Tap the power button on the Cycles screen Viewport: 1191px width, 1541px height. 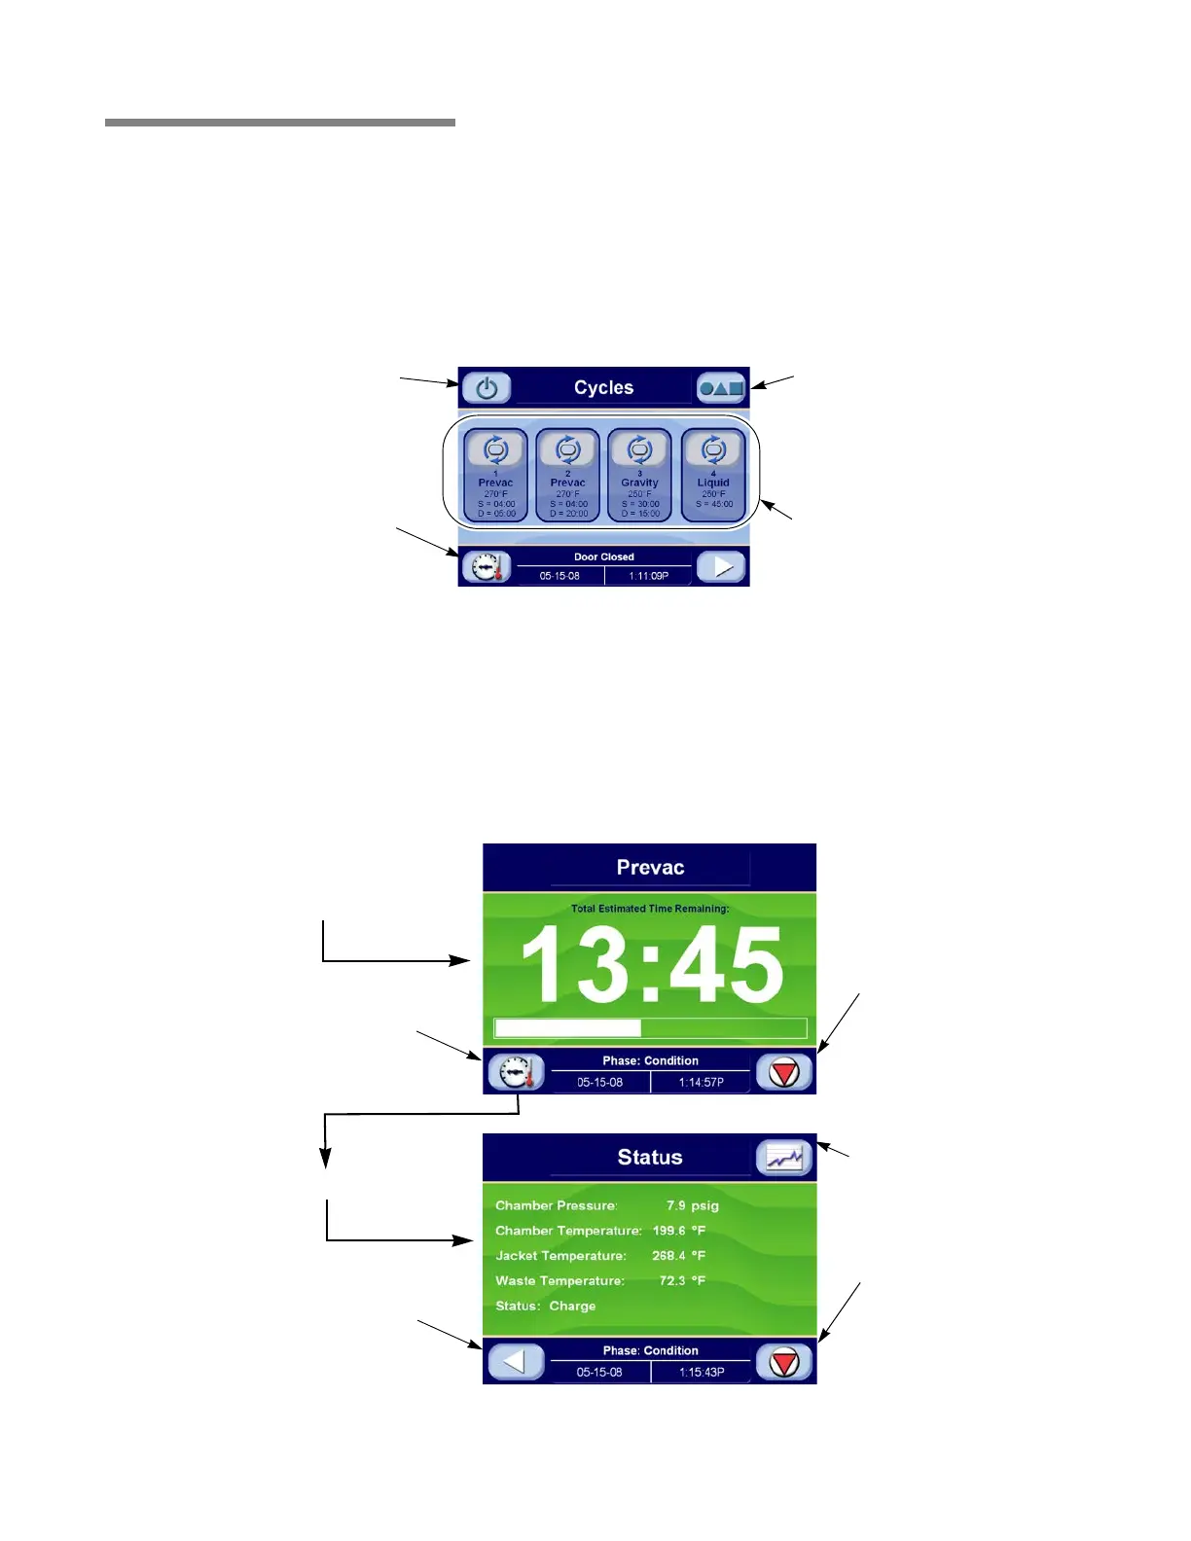pyautogui.click(x=487, y=388)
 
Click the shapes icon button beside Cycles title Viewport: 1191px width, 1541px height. pyautogui.click(x=721, y=388)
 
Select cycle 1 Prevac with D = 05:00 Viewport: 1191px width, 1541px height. pyautogui.click(x=495, y=475)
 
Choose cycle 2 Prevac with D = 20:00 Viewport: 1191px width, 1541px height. pyautogui.click(x=568, y=475)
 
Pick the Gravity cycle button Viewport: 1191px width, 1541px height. pyautogui.click(x=639, y=475)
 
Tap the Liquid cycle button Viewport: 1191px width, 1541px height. pyautogui.click(x=713, y=475)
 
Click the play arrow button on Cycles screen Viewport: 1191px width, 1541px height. pyautogui.click(x=722, y=566)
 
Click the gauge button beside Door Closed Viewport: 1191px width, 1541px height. pyautogui.click(x=486, y=566)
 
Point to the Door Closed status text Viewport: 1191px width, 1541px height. pyautogui.click(x=603, y=557)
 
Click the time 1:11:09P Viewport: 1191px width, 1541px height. pyautogui.click(x=648, y=576)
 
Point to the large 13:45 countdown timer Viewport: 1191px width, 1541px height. pyautogui.click(x=651, y=965)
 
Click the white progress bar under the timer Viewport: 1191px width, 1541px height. pyautogui.click(x=650, y=1028)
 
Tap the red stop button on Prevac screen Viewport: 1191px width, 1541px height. pyautogui.click(x=784, y=1072)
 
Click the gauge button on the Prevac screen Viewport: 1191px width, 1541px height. pyautogui.click(x=516, y=1072)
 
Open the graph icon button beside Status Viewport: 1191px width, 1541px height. pyautogui.click(x=784, y=1158)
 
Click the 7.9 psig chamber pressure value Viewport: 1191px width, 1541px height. pyautogui.click(x=692, y=1205)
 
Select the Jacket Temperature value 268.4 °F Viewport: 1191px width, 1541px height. pyautogui.click(x=678, y=1256)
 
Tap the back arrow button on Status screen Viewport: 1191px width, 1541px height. pyautogui.click(x=515, y=1362)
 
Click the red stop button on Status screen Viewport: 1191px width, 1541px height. pyautogui.click(x=784, y=1362)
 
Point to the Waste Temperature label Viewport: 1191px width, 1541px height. pyautogui.click(x=559, y=1281)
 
